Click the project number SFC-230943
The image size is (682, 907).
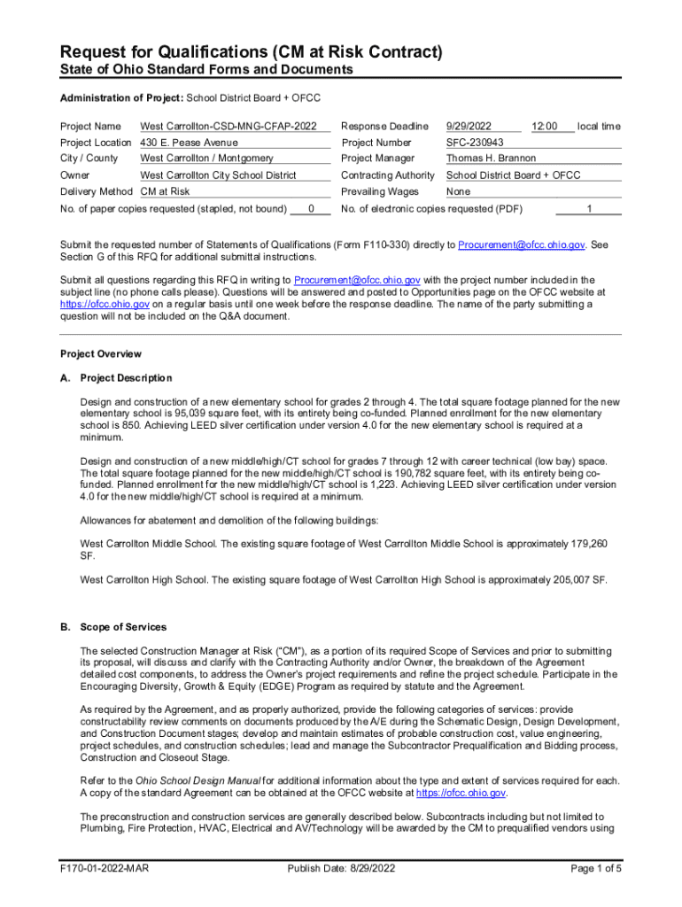pos(475,143)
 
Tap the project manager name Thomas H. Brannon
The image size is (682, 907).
pos(492,159)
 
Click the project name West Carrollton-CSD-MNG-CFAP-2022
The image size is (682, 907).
pos(229,127)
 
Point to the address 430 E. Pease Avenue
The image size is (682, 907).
pos(190,143)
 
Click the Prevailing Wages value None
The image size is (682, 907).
pos(458,191)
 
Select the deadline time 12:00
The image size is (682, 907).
pos(544,127)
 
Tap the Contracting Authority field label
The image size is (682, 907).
pos(388,175)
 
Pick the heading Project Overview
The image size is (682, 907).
pos(100,353)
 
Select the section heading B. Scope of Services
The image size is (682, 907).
pos(112,627)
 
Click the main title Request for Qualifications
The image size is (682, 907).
pos(251,52)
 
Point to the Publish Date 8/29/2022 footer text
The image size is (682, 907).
pos(340,868)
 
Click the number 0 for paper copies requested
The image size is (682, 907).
pos(311,209)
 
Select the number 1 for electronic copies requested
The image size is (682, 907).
pos(589,209)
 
